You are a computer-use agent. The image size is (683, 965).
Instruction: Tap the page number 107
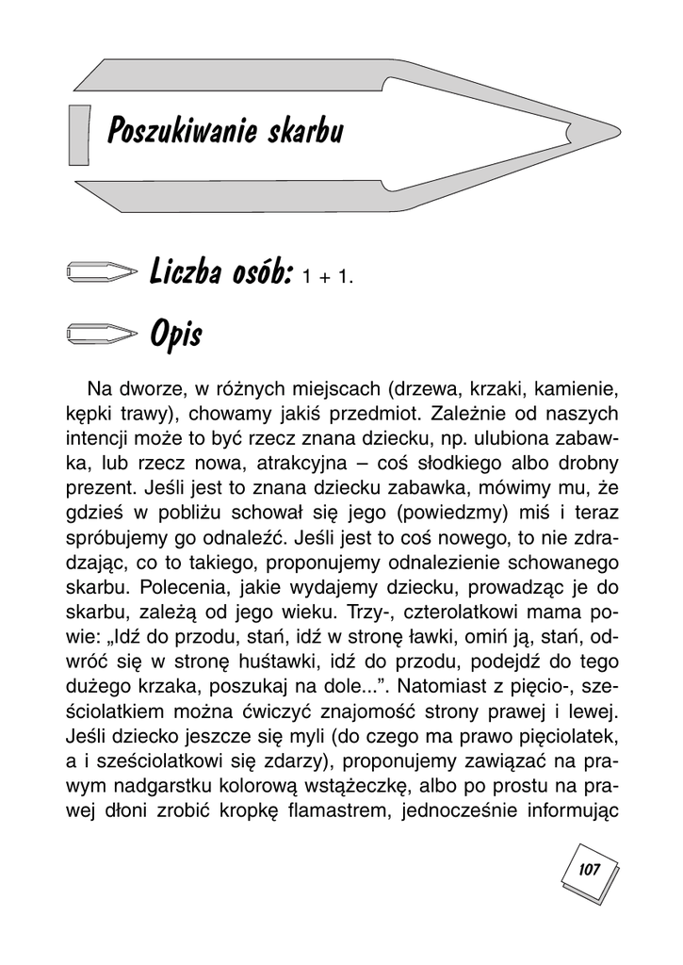click(590, 868)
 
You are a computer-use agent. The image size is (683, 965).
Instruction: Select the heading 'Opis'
click(174, 333)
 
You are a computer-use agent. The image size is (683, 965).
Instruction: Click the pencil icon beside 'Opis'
click(102, 333)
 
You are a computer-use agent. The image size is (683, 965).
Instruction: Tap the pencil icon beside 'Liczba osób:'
click(102, 272)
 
